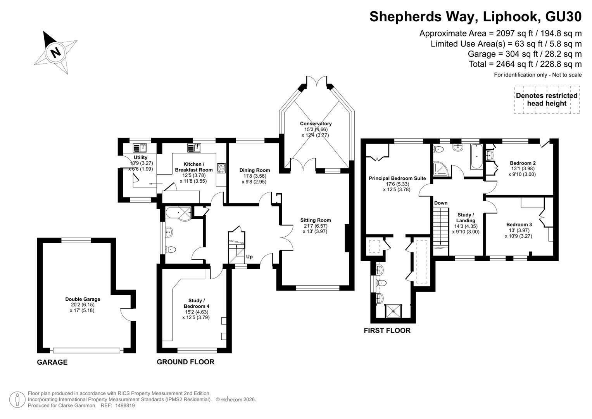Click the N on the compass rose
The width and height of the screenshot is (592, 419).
coord(55,52)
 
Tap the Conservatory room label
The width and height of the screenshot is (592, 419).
coord(316,123)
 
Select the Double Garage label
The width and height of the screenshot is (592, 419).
coord(83,299)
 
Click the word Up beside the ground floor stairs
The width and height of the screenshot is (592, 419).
coord(249,257)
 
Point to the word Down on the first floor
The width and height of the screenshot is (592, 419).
coord(441,203)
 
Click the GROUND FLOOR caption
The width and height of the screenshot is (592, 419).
coord(186,362)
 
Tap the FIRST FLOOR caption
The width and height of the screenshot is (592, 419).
coord(387,331)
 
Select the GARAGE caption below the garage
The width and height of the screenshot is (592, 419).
coord(52,362)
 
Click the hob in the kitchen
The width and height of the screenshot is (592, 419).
coord(221,168)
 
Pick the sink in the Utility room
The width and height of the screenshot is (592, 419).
coord(140,148)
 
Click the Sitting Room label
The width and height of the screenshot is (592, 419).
coord(316,220)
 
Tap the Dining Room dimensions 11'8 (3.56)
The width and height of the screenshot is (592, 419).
coord(254,176)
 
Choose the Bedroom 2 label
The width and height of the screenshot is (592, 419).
coord(523,163)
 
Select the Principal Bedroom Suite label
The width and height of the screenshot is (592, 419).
coord(397,178)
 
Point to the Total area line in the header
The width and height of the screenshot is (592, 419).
coord(525,64)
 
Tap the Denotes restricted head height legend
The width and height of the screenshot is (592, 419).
coord(547,99)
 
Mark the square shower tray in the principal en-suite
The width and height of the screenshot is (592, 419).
coord(394,311)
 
